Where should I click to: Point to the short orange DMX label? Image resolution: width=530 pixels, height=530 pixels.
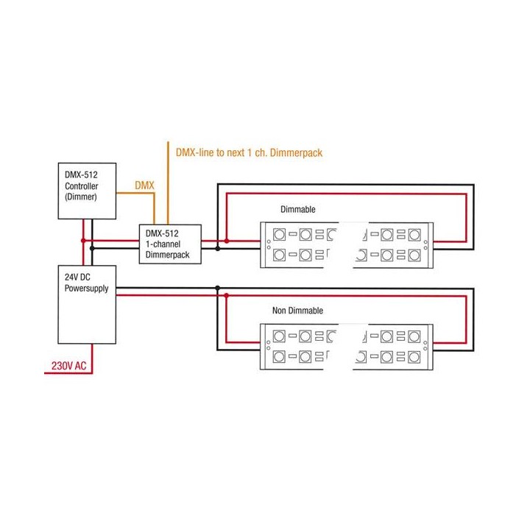[x=144, y=185]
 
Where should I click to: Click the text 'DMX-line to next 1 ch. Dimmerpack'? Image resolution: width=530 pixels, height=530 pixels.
[x=249, y=152]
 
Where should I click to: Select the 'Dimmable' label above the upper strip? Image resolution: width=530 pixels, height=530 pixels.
[x=298, y=209]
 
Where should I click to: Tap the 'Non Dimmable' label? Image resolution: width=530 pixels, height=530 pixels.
[x=297, y=311]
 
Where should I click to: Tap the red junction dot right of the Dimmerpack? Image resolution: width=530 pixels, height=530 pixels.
[x=227, y=241]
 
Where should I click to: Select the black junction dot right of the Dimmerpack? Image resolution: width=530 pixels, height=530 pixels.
[x=216, y=249]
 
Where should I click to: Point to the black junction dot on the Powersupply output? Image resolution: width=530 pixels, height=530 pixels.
[x=216, y=288]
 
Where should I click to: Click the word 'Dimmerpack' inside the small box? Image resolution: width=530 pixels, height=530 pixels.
[x=168, y=255]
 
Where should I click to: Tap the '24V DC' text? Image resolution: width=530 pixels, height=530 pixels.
[x=77, y=277]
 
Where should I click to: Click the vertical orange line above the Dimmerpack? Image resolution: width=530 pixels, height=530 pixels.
[x=168, y=184]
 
